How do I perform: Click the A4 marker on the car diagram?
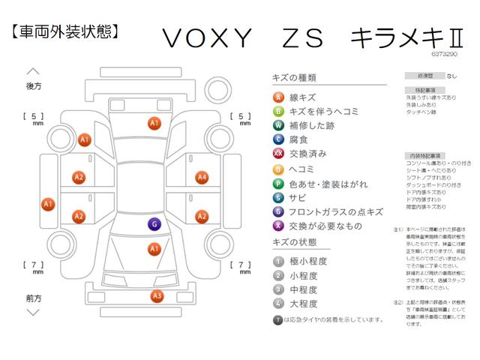point(202,178)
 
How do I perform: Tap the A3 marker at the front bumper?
point(157,296)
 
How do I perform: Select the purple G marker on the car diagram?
point(154,224)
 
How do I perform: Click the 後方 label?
point(34,86)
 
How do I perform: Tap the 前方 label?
point(34,298)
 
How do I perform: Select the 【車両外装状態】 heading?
point(65,31)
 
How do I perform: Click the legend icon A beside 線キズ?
point(278,97)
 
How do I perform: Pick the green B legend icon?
point(278,112)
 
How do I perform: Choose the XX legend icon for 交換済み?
point(278,154)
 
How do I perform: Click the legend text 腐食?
point(298,139)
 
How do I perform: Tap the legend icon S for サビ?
point(278,197)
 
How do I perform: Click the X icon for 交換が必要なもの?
point(278,226)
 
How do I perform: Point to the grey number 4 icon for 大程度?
point(278,304)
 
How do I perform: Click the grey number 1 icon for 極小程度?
point(278,261)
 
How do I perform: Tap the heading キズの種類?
point(293,77)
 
